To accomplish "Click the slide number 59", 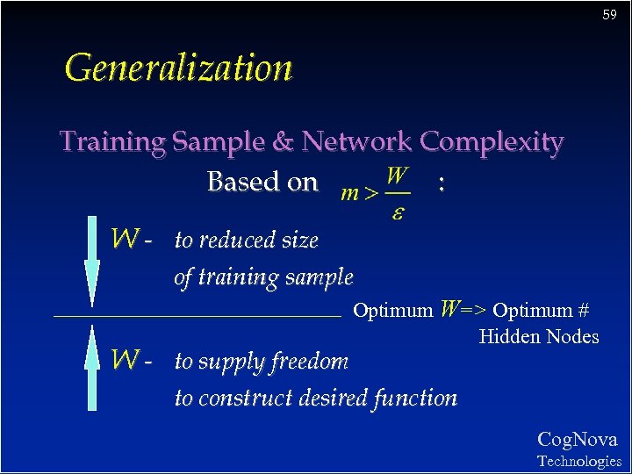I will pyautogui.click(x=609, y=16).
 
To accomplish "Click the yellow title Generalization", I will pyautogui.click(x=178, y=68).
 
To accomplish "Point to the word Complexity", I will pyautogui.click(x=492, y=142).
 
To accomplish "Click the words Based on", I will pyautogui.click(x=262, y=182).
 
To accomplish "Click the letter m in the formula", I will pyautogui.click(x=349, y=193).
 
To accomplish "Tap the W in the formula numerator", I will pyautogui.click(x=397, y=174).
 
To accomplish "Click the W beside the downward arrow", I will pyautogui.click(x=125, y=238).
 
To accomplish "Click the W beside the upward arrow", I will pyautogui.click(x=125, y=359).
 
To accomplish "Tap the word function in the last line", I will pyautogui.click(x=415, y=398).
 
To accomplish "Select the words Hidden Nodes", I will pyautogui.click(x=539, y=336).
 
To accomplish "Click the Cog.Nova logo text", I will pyautogui.click(x=577, y=440).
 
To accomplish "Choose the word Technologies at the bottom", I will pyautogui.click(x=578, y=461).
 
